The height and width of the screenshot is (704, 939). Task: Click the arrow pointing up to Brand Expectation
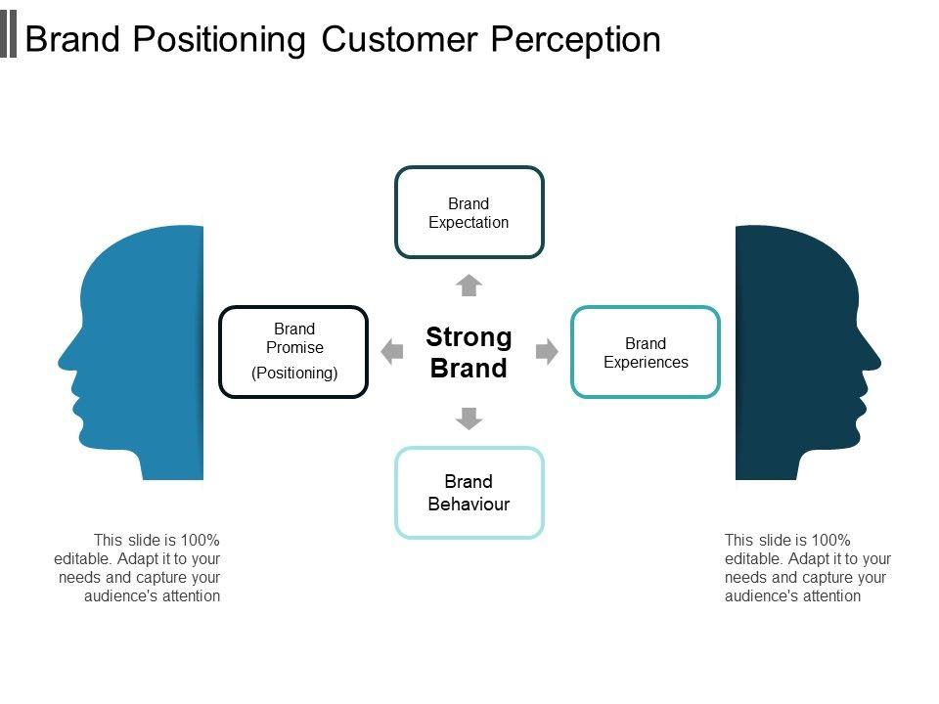point(469,286)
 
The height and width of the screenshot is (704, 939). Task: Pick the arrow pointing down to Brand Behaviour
point(469,418)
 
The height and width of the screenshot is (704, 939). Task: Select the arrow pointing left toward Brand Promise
point(391,351)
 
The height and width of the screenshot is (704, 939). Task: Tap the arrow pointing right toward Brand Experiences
point(547,351)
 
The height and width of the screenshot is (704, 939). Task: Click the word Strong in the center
point(469,337)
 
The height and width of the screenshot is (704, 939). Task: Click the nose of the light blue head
point(64,361)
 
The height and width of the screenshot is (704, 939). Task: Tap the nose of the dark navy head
point(875,361)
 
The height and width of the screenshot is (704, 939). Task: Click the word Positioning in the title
point(219,40)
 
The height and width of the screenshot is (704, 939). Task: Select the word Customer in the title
point(399,39)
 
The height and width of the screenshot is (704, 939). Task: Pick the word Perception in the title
point(576,40)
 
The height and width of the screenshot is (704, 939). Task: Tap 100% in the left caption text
point(200,540)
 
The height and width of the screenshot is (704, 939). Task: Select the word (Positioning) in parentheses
point(294,373)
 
